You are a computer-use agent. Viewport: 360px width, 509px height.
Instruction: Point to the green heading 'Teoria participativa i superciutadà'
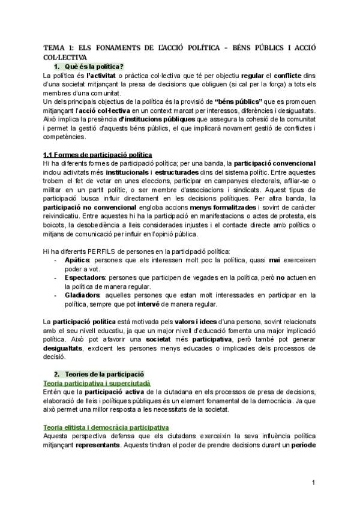(97, 382)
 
